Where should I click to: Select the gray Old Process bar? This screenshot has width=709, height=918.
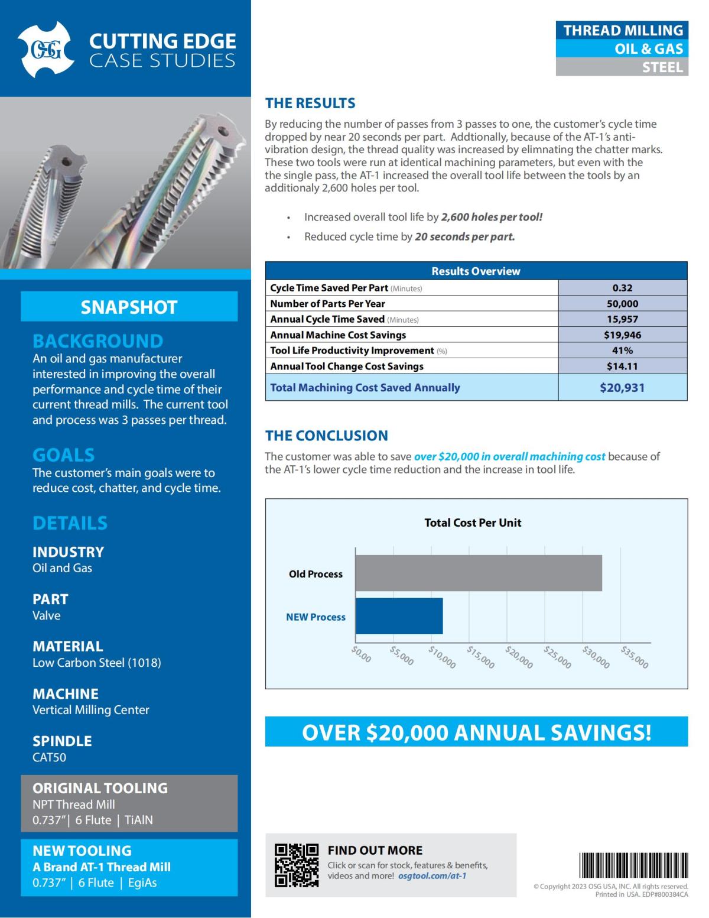click(x=479, y=573)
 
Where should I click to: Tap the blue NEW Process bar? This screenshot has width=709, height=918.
click(x=399, y=616)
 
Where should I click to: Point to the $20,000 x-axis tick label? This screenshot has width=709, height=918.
click(x=519, y=657)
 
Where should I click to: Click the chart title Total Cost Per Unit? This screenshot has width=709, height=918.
click(x=473, y=523)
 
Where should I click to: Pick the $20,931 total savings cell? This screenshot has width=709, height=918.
click(x=622, y=388)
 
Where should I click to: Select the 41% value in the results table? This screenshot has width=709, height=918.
click(x=622, y=351)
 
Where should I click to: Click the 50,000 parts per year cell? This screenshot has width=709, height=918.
click(x=622, y=304)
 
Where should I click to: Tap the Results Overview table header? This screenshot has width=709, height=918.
click(x=476, y=271)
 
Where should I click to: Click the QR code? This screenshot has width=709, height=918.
click(x=297, y=865)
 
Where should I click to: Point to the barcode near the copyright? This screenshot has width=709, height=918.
click(x=633, y=866)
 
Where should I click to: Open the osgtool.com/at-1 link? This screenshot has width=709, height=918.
click(x=432, y=876)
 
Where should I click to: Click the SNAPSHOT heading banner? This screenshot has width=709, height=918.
click(x=129, y=307)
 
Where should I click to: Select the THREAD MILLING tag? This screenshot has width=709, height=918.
click(x=622, y=30)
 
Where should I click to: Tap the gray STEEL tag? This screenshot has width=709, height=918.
click(x=622, y=67)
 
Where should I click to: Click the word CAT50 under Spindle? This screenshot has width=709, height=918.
click(x=49, y=757)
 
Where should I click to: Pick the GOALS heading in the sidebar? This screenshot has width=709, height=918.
click(x=63, y=455)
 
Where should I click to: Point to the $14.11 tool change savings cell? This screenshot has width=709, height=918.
click(x=622, y=366)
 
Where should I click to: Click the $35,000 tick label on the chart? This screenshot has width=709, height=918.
click(x=635, y=657)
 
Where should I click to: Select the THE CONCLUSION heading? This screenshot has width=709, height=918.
click(x=326, y=436)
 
